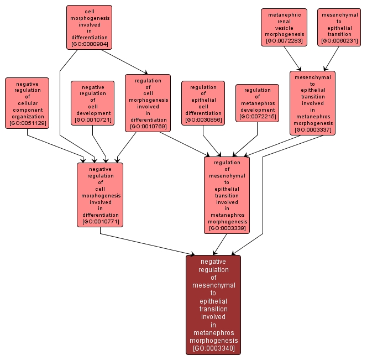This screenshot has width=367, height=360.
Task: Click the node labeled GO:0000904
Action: point(89,27)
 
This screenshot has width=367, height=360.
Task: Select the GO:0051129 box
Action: point(27,103)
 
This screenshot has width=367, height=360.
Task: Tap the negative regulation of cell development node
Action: point(92,103)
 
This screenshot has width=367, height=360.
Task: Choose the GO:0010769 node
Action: point(148,103)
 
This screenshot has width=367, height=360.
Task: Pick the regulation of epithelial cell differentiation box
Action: point(203,103)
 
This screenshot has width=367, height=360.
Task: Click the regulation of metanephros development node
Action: point(257,103)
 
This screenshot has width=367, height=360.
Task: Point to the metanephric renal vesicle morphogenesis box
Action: point(284,27)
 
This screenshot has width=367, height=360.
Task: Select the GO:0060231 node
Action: point(339,27)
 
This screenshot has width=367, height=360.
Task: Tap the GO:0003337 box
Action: point(313,103)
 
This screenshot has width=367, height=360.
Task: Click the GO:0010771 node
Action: point(100,195)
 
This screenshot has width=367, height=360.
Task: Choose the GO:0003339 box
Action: point(227,195)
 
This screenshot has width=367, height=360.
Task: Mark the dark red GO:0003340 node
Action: point(213,305)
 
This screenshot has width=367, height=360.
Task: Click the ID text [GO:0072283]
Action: point(284,41)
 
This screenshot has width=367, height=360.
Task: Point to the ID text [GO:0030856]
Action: point(203,119)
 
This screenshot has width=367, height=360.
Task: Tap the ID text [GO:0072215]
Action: point(257,117)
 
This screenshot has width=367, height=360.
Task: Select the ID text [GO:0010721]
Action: point(92,119)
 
